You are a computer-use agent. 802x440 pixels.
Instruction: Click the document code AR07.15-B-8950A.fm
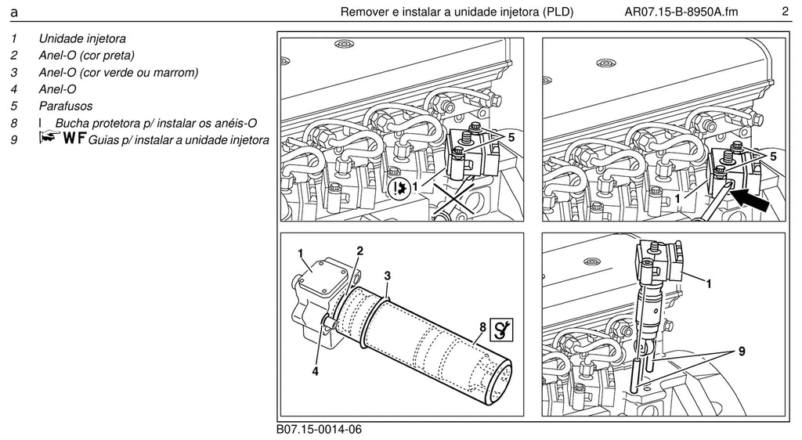[681, 12]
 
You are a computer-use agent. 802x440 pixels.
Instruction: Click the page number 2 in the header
[785, 11]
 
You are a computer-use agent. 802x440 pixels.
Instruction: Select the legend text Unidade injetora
[82, 38]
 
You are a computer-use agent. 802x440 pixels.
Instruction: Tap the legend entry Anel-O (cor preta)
[86, 55]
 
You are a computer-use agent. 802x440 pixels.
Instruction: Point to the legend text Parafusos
[66, 106]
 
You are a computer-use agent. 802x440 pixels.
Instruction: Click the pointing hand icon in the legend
[49, 136]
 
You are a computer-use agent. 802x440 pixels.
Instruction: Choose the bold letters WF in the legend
[74, 138]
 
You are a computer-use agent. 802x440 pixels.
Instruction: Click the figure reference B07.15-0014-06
[320, 429]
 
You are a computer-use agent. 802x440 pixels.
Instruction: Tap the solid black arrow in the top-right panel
[750, 200]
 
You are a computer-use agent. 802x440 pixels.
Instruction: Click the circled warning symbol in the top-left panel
[398, 188]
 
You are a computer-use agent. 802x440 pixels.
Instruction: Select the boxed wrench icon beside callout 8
[501, 329]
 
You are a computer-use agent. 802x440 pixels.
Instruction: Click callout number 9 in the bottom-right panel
[742, 351]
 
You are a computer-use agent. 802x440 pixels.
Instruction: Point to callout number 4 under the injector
[315, 372]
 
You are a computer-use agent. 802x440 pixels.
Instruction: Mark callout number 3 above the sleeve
[387, 276]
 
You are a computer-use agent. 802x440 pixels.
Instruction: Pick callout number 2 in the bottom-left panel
[360, 251]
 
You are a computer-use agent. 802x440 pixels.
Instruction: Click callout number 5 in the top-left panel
[511, 137]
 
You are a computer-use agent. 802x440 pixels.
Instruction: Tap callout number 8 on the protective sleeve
[482, 326]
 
